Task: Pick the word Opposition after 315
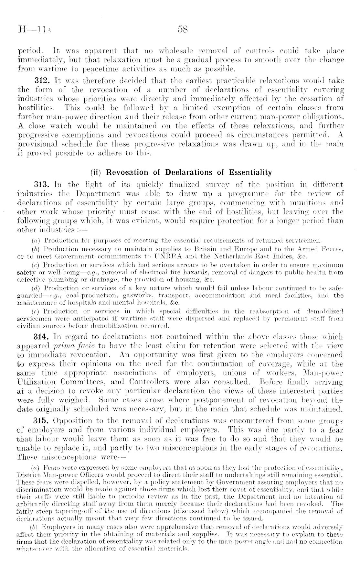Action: pyautogui.click(x=75, y=421)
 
